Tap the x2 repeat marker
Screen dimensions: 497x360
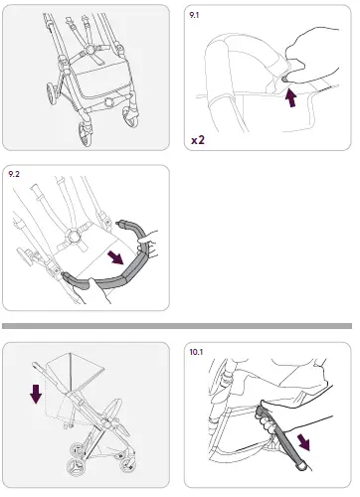[198, 140]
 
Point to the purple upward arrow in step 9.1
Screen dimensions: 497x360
[292, 97]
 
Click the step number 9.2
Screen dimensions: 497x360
[15, 174]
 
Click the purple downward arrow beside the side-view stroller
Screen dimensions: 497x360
[37, 395]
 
